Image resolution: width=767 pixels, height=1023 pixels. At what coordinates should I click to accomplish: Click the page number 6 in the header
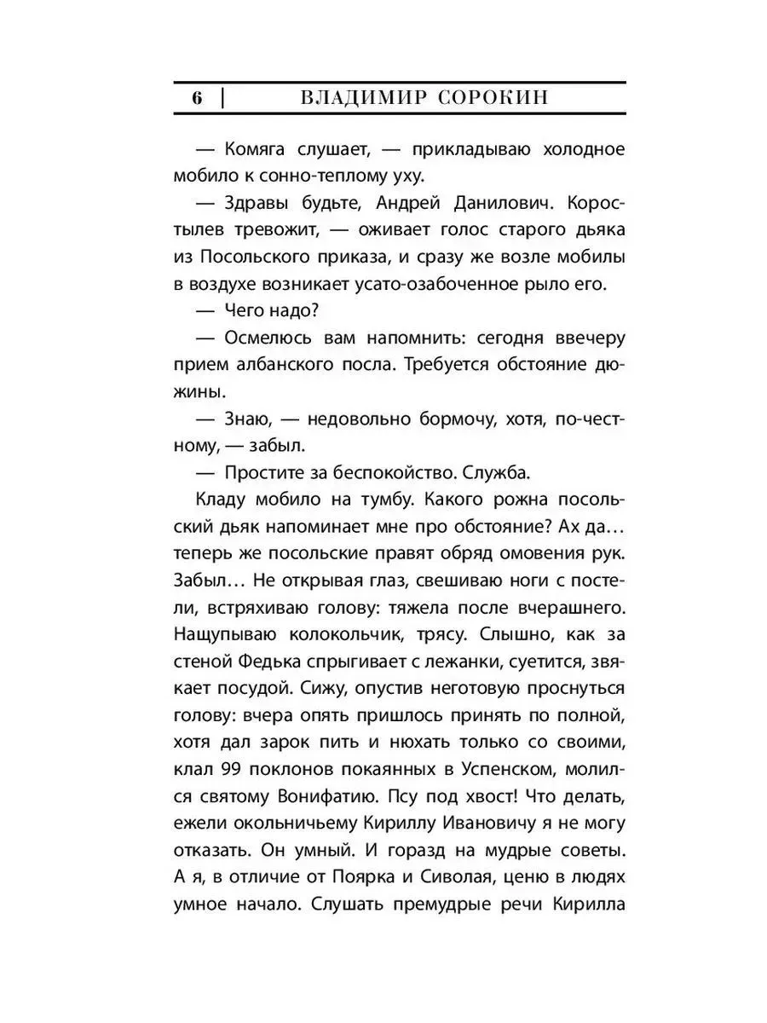(197, 98)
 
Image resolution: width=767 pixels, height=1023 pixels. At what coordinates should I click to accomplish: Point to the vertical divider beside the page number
(222, 98)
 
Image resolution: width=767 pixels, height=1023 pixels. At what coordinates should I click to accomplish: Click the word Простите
(268, 471)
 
